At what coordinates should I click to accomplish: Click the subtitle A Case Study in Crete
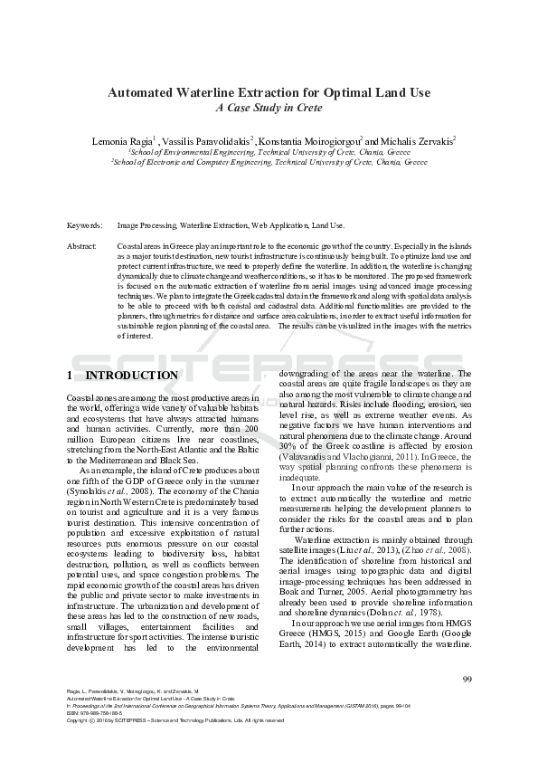(x=269, y=107)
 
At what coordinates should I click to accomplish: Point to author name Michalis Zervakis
(x=415, y=141)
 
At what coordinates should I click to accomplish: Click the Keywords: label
(x=84, y=224)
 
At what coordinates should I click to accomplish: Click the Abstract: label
(x=82, y=246)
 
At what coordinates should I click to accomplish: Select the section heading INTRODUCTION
(x=130, y=376)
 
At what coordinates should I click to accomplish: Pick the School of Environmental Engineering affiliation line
(x=269, y=152)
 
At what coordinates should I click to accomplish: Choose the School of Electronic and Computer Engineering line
(x=269, y=162)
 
